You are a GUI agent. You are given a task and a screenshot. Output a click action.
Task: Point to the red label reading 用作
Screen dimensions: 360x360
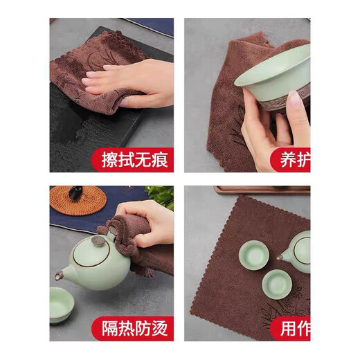click(291, 326)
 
